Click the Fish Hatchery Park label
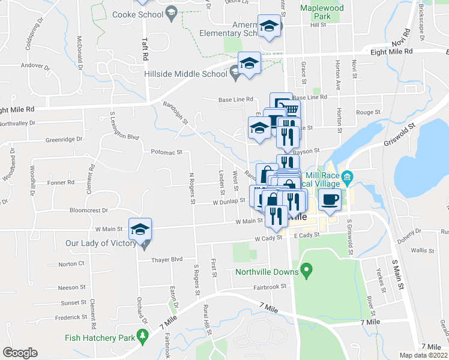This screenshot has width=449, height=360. [100, 338]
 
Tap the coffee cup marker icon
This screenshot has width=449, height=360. [330, 199]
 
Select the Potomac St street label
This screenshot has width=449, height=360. [166, 152]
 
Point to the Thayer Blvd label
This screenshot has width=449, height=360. [167, 259]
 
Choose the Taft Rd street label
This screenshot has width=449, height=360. [145, 48]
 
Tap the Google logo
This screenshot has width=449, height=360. [20, 352]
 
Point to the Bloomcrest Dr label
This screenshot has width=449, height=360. [88, 211]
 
